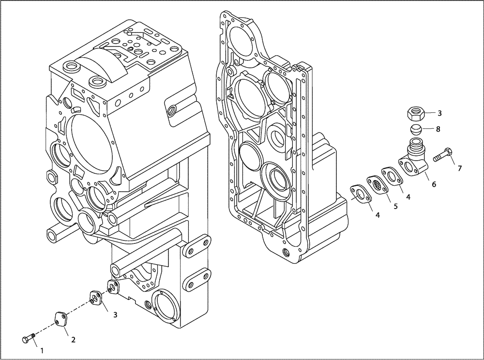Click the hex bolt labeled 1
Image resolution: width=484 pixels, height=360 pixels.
[x=29, y=338]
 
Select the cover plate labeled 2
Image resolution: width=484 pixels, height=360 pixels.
[x=60, y=321]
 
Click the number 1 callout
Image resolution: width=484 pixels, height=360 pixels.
[x=42, y=349]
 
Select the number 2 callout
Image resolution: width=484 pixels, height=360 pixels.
[x=73, y=340]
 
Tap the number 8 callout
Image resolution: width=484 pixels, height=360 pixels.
[x=438, y=129]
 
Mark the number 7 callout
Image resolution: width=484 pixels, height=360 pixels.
[x=460, y=168]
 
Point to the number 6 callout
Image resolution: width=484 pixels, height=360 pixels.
[x=434, y=184]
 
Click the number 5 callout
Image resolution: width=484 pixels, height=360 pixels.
[x=395, y=206]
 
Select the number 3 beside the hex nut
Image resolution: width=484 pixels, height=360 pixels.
[x=439, y=113]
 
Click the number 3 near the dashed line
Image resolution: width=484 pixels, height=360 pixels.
[x=115, y=315]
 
